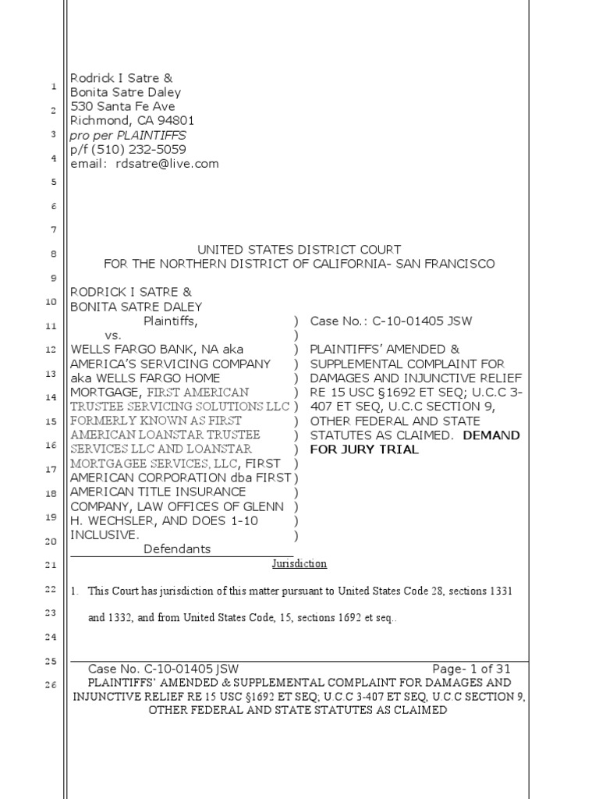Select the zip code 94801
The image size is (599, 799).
(176, 120)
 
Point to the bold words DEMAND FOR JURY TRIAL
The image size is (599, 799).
(415, 442)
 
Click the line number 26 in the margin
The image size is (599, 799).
(52, 685)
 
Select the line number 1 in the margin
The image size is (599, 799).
(53, 86)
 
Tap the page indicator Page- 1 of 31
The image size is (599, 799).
(471, 669)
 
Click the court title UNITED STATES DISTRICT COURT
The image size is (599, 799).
(299, 250)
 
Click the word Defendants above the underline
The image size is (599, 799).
(177, 549)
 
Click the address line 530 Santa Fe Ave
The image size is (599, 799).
(123, 106)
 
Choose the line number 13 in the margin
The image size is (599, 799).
(52, 374)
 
